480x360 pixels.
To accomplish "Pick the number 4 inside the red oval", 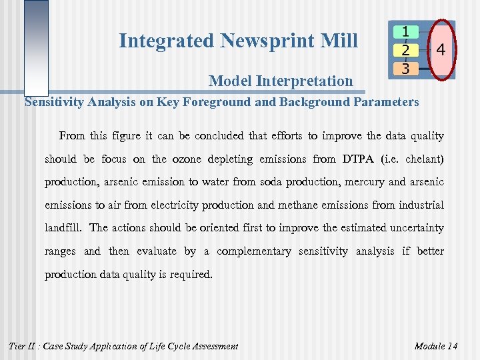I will [440, 50].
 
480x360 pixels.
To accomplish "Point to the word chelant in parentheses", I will [423, 159].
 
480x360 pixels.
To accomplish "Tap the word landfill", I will [63, 228].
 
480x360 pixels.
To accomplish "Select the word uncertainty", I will [411, 228].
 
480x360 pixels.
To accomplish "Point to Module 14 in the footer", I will [436, 346].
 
